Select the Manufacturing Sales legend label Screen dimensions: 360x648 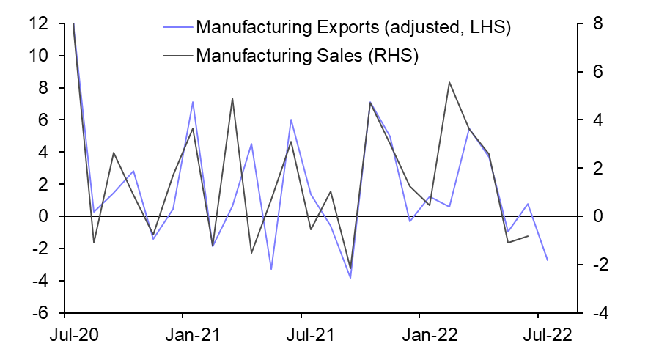coord(306,55)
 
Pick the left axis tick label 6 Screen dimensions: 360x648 coord(43,120)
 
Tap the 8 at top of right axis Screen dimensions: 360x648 coord(598,23)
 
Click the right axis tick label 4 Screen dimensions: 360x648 coord(598,120)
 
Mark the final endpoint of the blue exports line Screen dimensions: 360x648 coord(547,260)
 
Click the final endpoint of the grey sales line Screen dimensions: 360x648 coord(528,236)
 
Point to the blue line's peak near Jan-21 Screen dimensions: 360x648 coord(193,102)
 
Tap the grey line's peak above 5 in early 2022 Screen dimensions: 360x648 coord(449,82)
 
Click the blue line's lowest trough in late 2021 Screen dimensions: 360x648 coord(350,278)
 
